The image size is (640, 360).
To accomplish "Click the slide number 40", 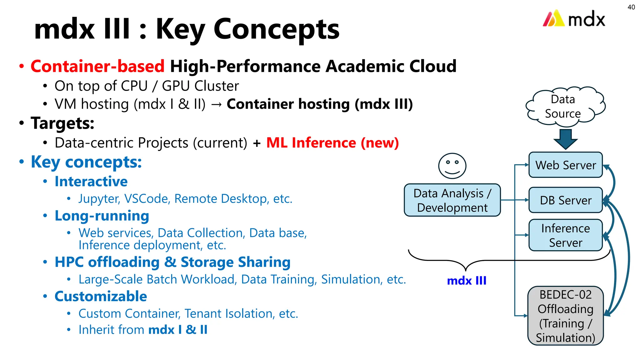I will coord(631,7).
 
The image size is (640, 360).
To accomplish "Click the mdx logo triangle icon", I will coord(553,18).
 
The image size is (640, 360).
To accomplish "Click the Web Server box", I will coord(565,165).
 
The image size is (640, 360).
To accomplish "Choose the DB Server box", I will coord(565,200).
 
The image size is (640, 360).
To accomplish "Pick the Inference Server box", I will coord(565,235).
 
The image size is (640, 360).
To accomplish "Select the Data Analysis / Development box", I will coord(452,200).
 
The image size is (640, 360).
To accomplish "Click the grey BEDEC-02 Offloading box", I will coord(565,316).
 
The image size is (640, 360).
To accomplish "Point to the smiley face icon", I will coord(452,166).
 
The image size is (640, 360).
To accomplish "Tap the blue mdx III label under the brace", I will coord(467,281).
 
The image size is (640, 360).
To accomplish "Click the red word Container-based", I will coord(97,66).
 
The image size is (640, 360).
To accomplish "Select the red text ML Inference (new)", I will coord(332,143).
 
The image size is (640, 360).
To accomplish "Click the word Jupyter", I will coord(98,199).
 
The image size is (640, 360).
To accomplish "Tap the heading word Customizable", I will coord(101,296).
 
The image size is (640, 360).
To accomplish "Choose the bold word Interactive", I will coord(91,182).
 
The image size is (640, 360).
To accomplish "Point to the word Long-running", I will coord(102,216).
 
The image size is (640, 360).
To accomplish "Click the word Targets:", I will coord(62,123).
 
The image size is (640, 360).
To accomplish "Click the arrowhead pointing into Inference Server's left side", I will coord(527,235).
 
